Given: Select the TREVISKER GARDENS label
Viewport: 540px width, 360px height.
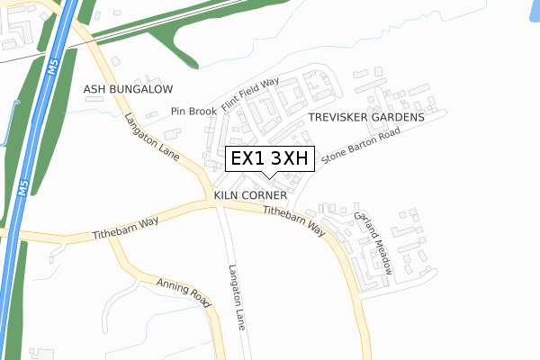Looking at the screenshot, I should (x=365, y=118).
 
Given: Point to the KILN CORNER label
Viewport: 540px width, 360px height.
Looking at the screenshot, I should (x=250, y=195).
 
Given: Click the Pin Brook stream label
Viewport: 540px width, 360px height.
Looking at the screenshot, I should (x=193, y=112).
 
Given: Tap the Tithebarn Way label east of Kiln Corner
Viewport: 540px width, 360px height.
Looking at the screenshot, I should (x=293, y=220).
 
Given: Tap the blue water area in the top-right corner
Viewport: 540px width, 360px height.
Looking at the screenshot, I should (x=531, y=11).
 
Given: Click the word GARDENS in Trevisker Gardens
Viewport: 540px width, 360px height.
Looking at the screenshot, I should (x=394, y=118).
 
